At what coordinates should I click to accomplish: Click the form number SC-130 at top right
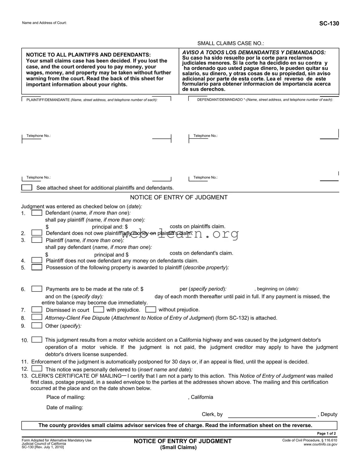click(x=329, y=24)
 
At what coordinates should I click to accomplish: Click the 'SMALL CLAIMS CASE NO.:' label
click(x=231, y=44)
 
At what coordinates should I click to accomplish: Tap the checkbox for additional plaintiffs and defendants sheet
click(x=27, y=188)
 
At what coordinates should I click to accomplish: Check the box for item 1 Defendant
click(x=37, y=213)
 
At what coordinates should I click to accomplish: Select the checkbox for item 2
click(x=37, y=233)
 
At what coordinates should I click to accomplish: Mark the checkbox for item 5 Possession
click(x=37, y=267)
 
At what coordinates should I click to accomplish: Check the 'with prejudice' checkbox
click(x=98, y=310)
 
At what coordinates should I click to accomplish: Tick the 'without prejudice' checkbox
click(x=151, y=310)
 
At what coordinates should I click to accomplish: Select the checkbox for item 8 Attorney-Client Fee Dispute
click(x=37, y=317)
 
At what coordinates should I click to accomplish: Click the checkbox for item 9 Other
click(x=37, y=326)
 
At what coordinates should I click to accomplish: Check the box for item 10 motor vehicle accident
click(x=37, y=340)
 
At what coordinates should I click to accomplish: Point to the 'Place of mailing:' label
click(x=66, y=397)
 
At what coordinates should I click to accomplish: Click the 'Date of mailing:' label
click(x=65, y=408)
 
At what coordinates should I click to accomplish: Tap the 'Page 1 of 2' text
click(x=326, y=433)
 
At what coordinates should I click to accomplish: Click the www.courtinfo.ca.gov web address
click(x=320, y=444)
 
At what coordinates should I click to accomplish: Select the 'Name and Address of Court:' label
click(x=44, y=23)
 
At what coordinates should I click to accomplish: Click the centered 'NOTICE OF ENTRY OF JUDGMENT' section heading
click(x=179, y=197)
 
